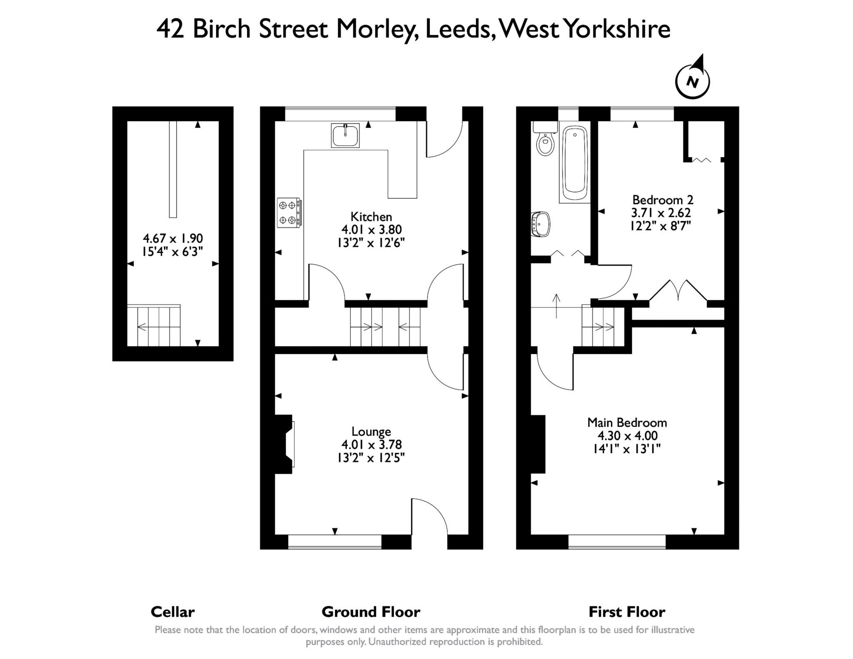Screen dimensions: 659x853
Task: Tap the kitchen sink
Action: (x=345, y=135)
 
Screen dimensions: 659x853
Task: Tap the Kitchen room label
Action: (x=371, y=217)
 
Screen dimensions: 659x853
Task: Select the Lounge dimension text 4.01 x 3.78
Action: (x=371, y=444)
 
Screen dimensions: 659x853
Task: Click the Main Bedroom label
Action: (x=627, y=422)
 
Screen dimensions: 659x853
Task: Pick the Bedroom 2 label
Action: (x=662, y=200)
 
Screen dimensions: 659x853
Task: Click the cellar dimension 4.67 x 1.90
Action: (x=172, y=238)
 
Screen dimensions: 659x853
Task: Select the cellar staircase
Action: (x=154, y=326)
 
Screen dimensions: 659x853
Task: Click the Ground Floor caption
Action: (x=371, y=612)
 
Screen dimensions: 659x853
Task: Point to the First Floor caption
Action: (x=627, y=612)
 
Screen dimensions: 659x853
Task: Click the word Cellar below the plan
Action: (x=172, y=612)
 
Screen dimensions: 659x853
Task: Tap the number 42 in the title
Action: (x=170, y=29)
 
